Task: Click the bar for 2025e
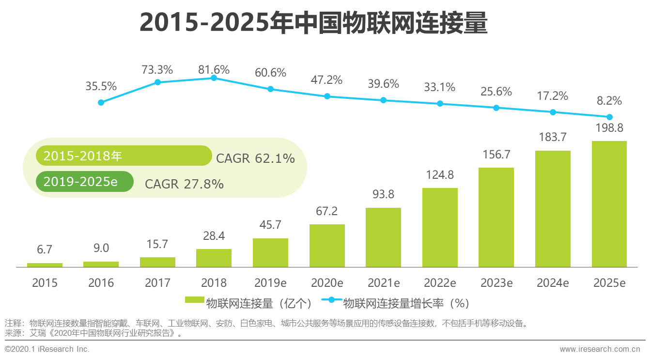coord(609,204)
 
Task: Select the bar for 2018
coord(214,258)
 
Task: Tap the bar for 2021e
coord(383,237)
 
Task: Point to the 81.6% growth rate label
coord(214,70)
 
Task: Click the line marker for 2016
coord(101,102)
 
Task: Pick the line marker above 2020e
coord(327,96)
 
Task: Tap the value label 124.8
coord(440,174)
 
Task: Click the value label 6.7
coord(45,250)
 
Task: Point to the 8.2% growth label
coord(609,101)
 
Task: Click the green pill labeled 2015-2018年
coord(124,156)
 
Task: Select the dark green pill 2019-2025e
coord(84,182)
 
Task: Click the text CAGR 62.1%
coord(255,158)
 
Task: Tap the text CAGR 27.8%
coord(184,184)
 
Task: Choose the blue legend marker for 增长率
coord(331,299)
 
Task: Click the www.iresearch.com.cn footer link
coord(600,349)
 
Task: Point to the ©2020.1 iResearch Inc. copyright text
coord(47,349)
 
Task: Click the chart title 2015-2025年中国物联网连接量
coord(313,23)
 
